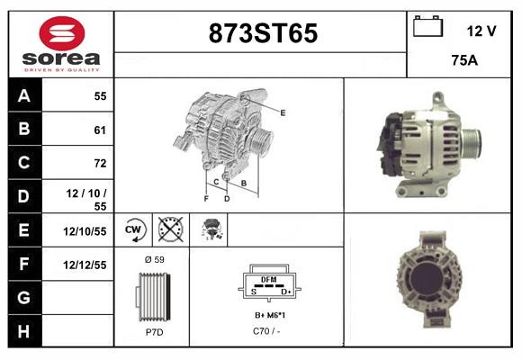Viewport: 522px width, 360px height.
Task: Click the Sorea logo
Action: pos(60,44)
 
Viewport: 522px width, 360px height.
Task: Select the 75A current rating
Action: pos(463,61)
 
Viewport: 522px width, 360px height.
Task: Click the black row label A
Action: pos(23,96)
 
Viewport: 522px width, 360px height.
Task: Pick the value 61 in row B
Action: pos(99,130)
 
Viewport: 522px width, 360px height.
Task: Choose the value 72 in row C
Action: pos(99,163)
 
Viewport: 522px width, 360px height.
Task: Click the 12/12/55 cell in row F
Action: pos(85,265)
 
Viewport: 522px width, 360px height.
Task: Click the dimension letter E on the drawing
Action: pos(283,112)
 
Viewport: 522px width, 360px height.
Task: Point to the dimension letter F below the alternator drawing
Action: pos(206,198)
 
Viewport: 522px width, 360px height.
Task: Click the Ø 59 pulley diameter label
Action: pos(154,259)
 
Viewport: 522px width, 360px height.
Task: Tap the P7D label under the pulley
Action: pos(154,332)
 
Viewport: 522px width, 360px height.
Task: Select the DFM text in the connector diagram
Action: pos(267,280)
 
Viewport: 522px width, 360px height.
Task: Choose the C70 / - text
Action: pos(266,332)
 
